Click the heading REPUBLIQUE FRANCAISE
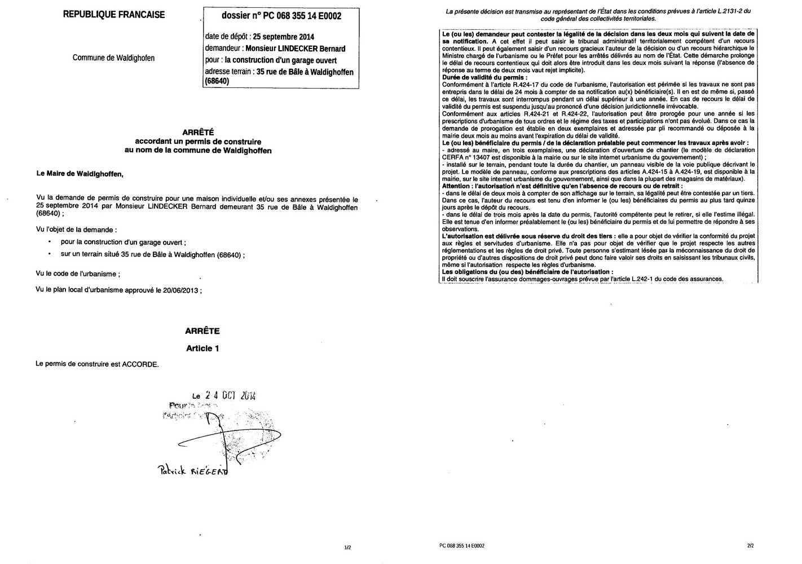coord(114,15)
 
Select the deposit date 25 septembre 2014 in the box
coord(284,37)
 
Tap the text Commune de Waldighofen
coord(113,58)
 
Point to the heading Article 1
coord(202,349)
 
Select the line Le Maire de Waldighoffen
coord(79,174)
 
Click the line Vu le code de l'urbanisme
coord(77,274)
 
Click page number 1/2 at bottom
coord(347,547)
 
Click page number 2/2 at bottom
coord(750,546)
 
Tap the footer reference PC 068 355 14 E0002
coord(461,546)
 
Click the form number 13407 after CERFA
coord(480,157)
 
